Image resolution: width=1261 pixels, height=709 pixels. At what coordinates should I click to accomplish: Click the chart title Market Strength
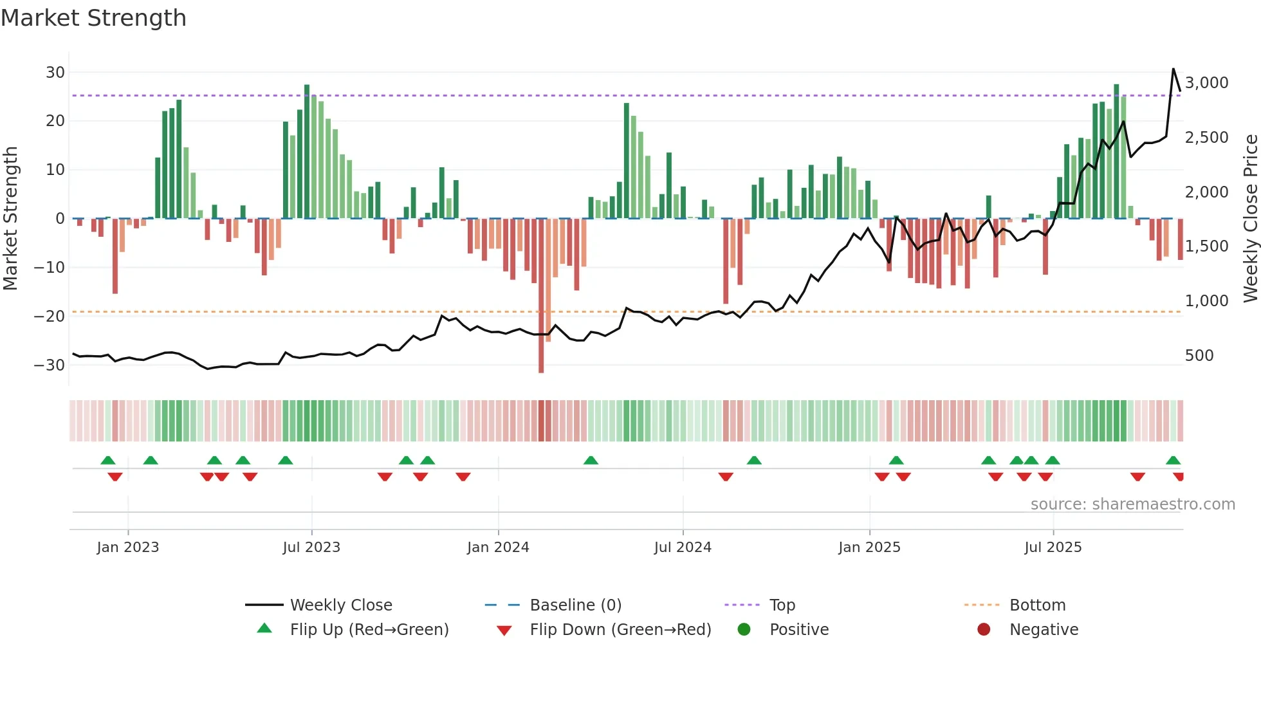point(93,18)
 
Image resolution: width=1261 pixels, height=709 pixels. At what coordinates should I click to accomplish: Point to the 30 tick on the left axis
point(55,73)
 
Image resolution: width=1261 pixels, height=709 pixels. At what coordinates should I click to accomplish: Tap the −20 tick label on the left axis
point(50,316)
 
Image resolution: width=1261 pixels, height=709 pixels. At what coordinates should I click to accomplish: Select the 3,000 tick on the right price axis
point(1206,83)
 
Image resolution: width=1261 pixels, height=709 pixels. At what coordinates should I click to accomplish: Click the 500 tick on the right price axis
point(1199,356)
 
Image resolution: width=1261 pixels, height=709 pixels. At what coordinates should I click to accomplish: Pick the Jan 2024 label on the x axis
point(498,548)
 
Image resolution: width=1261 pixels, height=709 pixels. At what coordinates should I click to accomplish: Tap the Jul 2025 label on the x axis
point(1053,548)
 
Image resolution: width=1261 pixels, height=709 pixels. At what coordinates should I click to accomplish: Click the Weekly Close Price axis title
point(1250,218)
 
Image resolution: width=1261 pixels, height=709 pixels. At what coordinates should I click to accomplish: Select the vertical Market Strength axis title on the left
point(10,218)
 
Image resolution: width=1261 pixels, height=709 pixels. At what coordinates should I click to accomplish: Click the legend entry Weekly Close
point(340,605)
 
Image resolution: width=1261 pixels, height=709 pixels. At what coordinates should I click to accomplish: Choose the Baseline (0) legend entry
point(575,605)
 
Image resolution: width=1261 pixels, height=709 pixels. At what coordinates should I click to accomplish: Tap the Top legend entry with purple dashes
point(782,605)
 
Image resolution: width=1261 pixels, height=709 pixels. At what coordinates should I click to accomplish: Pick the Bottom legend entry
point(1037,605)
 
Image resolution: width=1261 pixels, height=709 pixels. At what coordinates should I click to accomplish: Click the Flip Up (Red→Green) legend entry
point(369,630)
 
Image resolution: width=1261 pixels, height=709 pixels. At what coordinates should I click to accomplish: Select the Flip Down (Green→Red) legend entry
point(620,630)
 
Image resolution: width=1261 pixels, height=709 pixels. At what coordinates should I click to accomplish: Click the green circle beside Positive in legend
point(744,630)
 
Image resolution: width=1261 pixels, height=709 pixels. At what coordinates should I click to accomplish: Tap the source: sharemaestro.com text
point(1132,504)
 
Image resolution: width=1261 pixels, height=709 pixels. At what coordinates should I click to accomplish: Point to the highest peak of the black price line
point(1173,69)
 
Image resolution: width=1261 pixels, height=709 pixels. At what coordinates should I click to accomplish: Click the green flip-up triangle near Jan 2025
point(896,461)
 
